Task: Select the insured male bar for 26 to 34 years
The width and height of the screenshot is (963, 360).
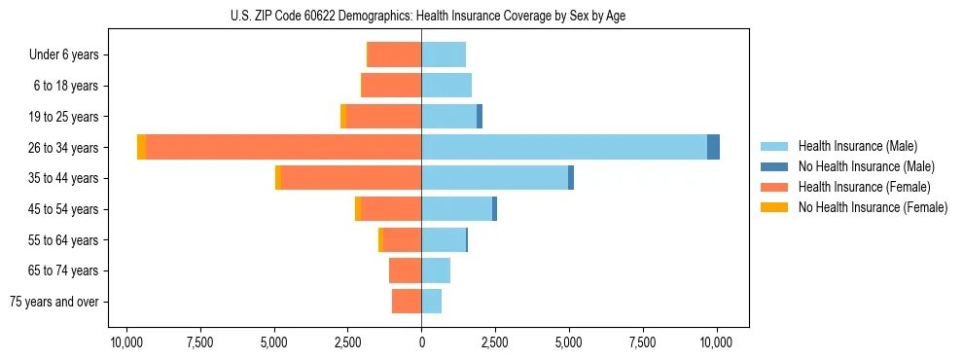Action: point(564,147)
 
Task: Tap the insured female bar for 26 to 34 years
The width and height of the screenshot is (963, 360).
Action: point(283,147)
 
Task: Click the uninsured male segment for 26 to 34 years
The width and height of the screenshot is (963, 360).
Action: point(713,147)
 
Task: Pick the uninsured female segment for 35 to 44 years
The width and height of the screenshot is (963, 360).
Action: point(278,178)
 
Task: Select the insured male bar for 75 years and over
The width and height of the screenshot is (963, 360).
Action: point(432,302)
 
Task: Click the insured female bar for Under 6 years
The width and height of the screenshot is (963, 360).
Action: point(394,54)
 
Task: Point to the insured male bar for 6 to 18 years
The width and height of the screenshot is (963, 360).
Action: point(446,86)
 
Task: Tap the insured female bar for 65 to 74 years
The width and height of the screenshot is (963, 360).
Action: point(405,270)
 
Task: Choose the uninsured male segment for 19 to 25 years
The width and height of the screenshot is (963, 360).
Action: point(480,117)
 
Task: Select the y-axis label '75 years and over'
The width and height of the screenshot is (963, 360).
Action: point(54,302)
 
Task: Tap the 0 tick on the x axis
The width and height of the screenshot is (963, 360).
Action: point(421,342)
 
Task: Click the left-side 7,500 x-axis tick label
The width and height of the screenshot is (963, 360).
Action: point(200,342)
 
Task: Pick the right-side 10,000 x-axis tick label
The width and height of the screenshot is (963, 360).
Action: point(716,342)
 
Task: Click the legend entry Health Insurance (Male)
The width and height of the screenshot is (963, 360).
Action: point(857,146)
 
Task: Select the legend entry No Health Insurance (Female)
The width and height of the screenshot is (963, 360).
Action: point(873,207)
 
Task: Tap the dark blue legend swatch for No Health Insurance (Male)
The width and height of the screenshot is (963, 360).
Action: point(774,166)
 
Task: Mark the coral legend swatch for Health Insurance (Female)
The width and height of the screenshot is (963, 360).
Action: point(774,187)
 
